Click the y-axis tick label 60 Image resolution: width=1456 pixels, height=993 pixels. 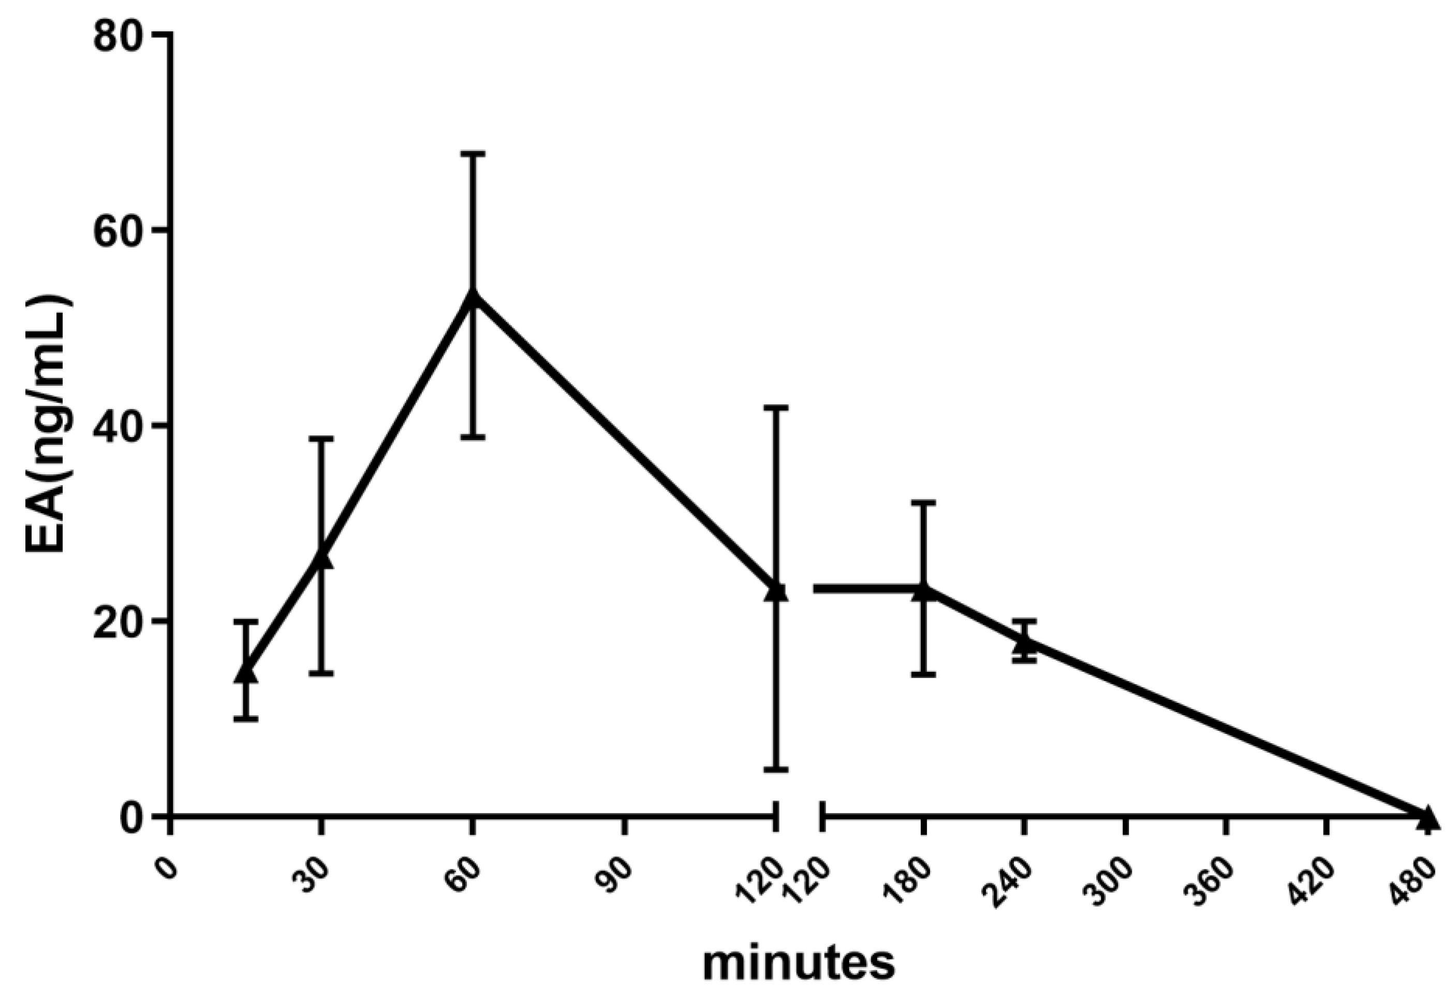click(x=120, y=231)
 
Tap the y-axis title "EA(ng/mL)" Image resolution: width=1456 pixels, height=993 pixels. click(x=50, y=426)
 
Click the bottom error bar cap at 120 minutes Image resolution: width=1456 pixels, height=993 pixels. click(x=776, y=769)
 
